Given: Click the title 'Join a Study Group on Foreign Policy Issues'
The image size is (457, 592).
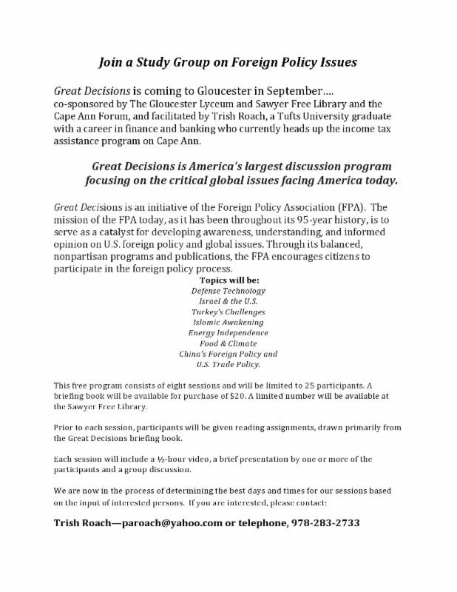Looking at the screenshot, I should tap(228, 62).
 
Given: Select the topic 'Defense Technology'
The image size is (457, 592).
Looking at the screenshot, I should tap(228, 291).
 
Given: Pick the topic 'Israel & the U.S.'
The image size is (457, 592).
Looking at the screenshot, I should tap(228, 301).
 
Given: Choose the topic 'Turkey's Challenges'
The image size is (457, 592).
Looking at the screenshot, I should tap(228, 312).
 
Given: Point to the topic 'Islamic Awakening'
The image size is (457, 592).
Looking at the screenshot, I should tap(228, 323).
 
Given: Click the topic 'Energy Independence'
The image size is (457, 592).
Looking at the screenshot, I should tap(228, 333).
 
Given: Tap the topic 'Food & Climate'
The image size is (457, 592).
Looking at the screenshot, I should tap(228, 343).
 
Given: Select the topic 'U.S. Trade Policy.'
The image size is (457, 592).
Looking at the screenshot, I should tap(228, 365).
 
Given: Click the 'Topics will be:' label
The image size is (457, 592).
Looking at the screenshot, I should tap(228, 280).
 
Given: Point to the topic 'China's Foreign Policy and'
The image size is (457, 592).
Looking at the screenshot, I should tap(228, 354).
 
